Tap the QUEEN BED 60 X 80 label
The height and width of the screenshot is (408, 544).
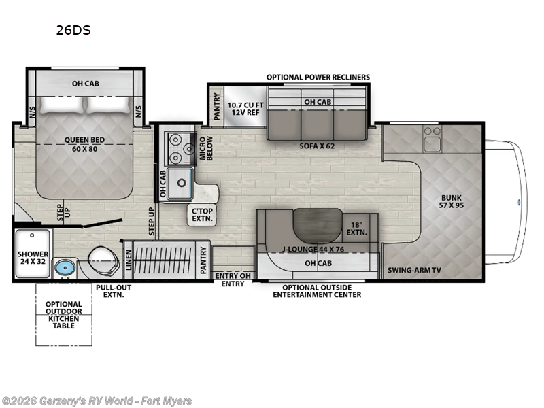[84, 145]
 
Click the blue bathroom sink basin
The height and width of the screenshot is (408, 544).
[65, 266]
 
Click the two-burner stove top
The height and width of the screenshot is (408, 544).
[178, 148]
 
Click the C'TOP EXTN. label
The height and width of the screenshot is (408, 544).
[203, 215]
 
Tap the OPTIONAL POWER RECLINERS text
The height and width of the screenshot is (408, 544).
[318, 77]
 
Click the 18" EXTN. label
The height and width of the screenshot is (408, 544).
[356, 228]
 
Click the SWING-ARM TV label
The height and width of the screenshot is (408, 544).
[414, 270]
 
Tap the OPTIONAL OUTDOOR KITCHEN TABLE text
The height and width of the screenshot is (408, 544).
[63, 313]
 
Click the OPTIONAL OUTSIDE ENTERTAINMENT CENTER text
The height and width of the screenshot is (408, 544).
[317, 290]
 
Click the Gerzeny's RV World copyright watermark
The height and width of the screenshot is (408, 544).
[97, 401]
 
